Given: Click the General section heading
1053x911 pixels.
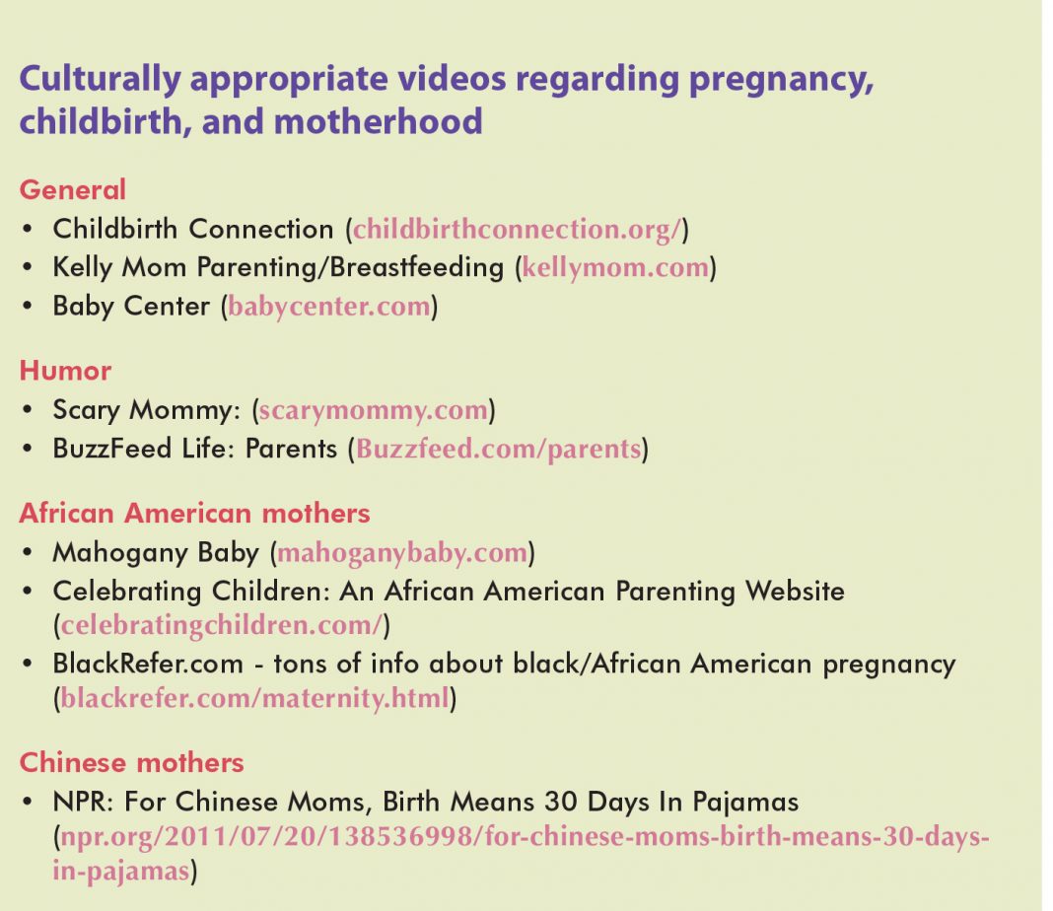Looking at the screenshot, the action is click(73, 190).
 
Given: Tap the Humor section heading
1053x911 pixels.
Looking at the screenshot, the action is click(65, 371).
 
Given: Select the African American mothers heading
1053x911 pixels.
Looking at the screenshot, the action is click(195, 514).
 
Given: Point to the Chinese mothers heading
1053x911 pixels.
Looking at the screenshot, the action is click(132, 763).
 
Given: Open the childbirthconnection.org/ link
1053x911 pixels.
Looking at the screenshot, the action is click(517, 230).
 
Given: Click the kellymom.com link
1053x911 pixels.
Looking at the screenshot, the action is click(615, 268).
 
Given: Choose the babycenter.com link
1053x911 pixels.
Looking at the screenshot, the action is click(328, 307).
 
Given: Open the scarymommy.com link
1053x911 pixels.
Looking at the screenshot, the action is click(374, 410).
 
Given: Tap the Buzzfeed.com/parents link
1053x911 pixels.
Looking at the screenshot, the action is click(498, 450).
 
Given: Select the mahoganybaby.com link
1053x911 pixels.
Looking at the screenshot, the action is click(402, 553).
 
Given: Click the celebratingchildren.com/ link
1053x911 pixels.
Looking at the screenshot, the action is click(222, 626).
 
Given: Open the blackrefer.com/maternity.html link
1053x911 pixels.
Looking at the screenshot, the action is click(254, 698).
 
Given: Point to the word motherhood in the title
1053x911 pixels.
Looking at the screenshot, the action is click(378, 122).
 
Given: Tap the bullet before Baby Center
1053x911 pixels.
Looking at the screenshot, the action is click(28, 306).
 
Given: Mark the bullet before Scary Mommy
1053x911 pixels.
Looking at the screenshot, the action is click(28, 409).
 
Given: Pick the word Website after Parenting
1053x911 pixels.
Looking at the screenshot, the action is click(795, 592).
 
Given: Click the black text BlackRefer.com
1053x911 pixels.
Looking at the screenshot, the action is click(148, 664).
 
